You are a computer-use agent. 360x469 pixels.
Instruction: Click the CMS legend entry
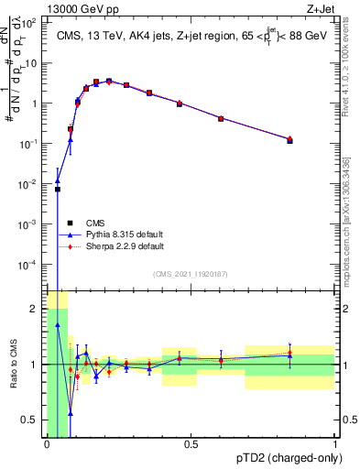pyautogui.click(x=95, y=222)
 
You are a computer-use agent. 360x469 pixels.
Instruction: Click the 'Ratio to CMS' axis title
pyautogui.click(x=14, y=365)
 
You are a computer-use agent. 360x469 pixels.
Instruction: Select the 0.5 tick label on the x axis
pyautogui.click(x=191, y=444)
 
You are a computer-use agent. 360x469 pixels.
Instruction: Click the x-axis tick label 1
pyautogui.click(x=334, y=444)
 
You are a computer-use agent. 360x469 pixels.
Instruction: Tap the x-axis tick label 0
pyautogui.click(x=47, y=444)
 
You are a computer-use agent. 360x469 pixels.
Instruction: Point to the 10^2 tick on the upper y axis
pyautogui.click(x=33, y=24)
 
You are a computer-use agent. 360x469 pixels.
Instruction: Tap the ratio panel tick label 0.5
pyautogui.click(x=33, y=420)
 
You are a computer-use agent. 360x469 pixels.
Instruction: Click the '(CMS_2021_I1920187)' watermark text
pyautogui.click(x=191, y=273)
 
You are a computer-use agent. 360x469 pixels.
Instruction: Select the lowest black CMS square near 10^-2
pyautogui.click(x=57, y=190)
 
